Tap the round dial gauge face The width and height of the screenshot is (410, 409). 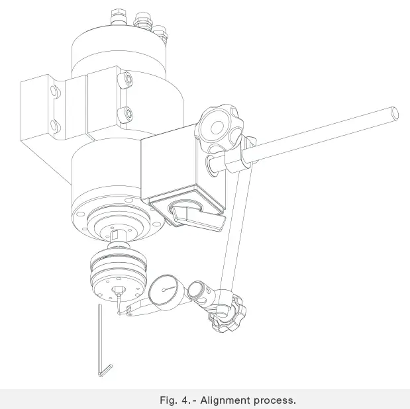point(163,291)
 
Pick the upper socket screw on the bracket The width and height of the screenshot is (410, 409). point(125,80)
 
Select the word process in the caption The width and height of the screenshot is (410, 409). point(273,400)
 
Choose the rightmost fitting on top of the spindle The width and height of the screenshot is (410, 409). point(160,30)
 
